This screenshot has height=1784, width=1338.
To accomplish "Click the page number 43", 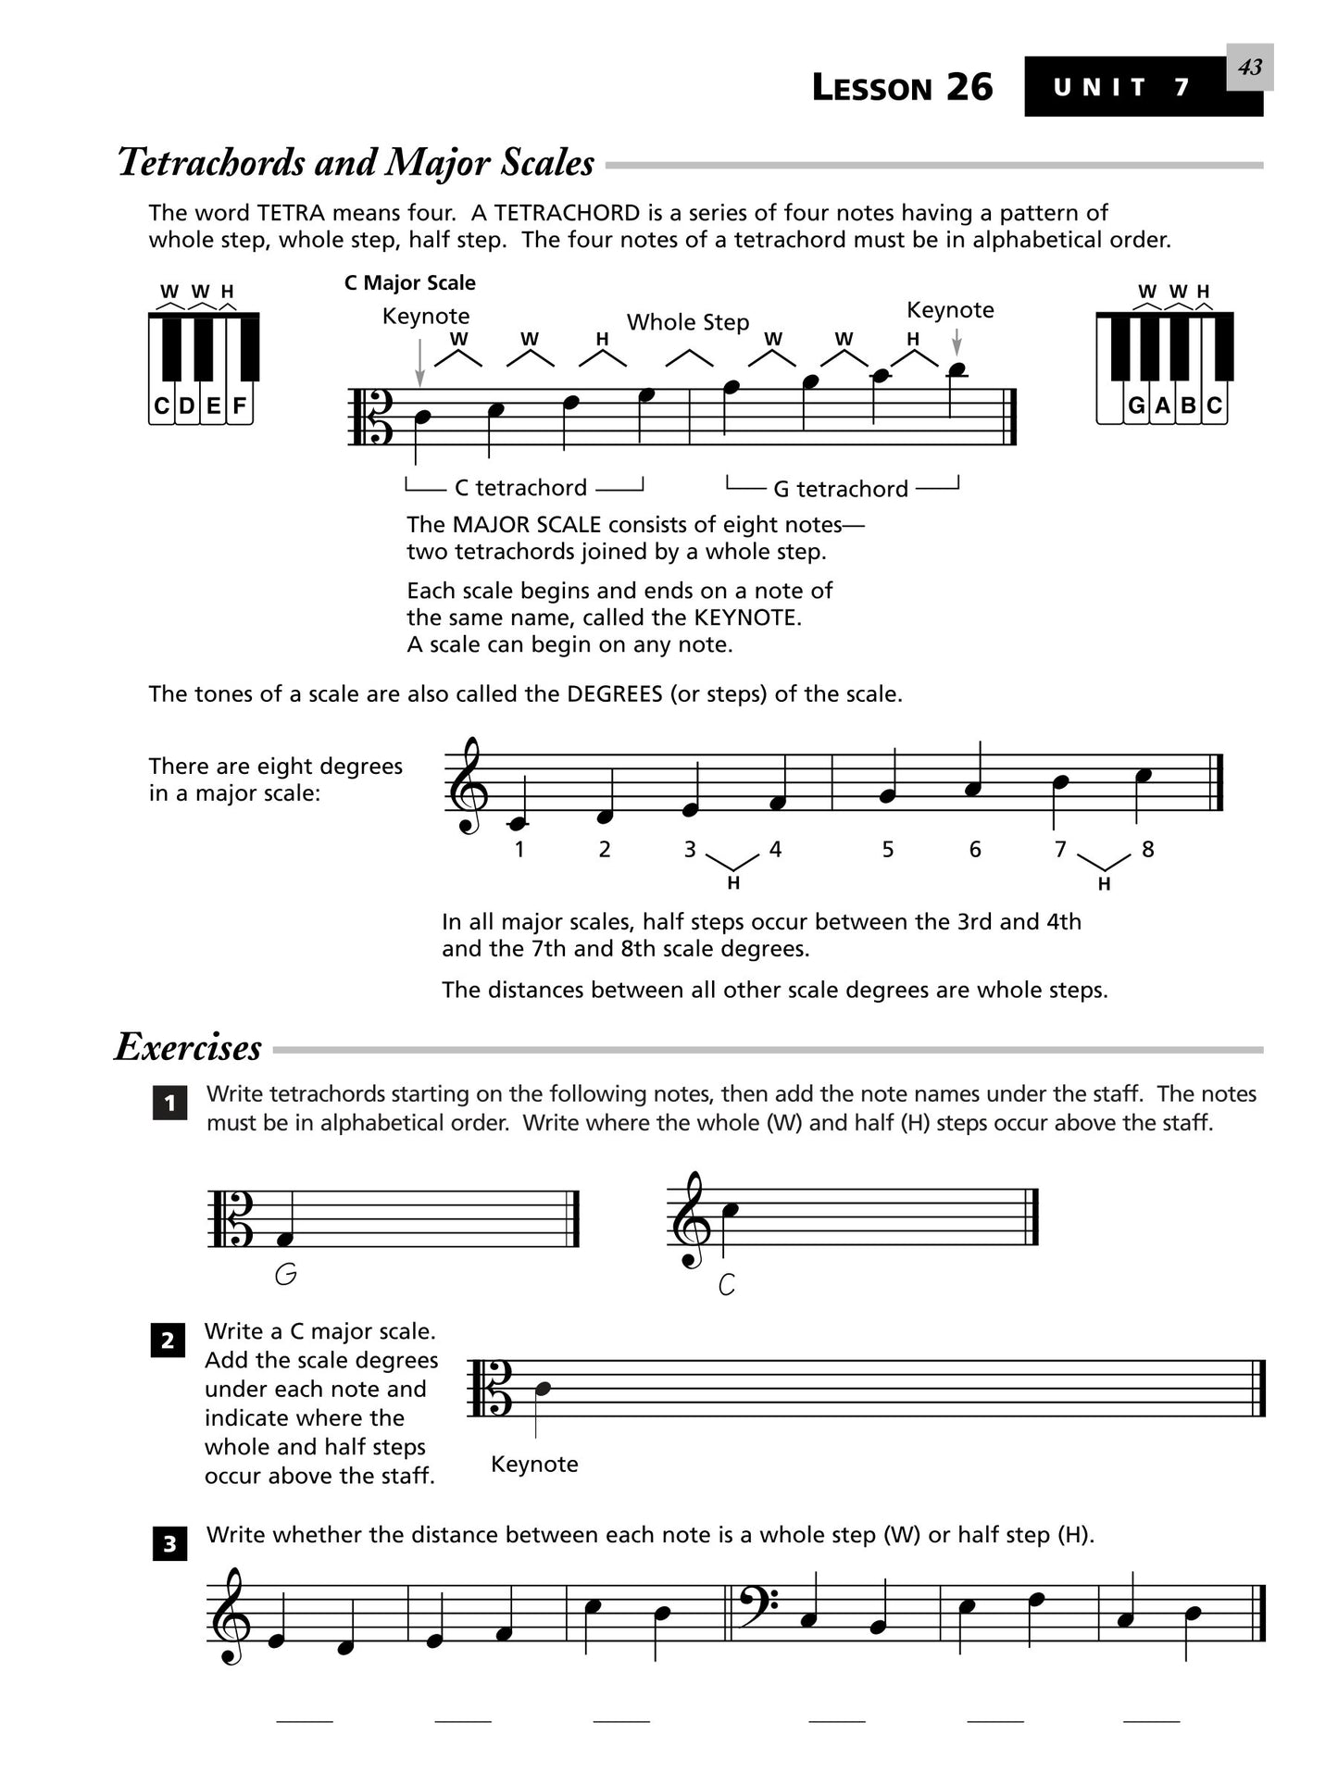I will click(x=1249, y=68).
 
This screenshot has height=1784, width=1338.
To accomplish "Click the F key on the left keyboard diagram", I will click(x=240, y=405).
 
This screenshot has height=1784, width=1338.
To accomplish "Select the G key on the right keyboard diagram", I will click(x=1136, y=405).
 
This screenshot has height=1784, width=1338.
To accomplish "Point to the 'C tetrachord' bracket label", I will click(x=520, y=488).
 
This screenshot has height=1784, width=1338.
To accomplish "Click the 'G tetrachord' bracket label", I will click(x=841, y=489).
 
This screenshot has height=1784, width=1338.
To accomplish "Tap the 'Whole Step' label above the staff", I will click(x=688, y=322).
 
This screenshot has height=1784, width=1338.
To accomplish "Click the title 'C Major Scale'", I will click(x=409, y=282).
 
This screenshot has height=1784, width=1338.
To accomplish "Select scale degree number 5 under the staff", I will click(x=887, y=849).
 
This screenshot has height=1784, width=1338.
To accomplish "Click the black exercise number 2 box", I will click(x=168, y=1341).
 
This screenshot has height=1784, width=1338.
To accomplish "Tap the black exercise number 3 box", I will click(x=169, y=1544).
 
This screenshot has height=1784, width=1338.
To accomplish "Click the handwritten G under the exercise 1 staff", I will click(x=286, y=1275).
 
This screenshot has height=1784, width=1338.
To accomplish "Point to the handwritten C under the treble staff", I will click(x=727, y=1284).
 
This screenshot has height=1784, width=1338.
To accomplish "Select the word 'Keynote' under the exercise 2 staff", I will click(x=534, y=1464).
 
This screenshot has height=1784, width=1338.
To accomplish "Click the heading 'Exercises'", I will click(x=188, y=1047).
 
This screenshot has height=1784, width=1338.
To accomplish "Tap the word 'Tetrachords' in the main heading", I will click(x=212, y=163).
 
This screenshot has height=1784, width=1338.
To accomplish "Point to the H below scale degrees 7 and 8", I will click(x=1104, y=884).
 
